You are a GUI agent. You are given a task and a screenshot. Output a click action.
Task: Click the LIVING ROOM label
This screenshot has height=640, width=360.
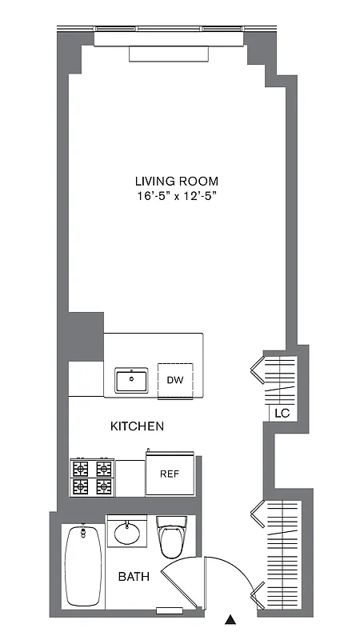coord(176,181)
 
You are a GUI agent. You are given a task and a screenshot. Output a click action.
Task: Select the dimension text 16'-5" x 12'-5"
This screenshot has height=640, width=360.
coord(176,197)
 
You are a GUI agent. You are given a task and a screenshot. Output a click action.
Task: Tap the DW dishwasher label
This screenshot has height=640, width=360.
coord(175,379)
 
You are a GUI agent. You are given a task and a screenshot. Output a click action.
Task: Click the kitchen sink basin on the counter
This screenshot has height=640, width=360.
coord(131,380)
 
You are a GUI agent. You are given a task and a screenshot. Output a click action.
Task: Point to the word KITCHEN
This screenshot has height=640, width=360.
coord(137,426)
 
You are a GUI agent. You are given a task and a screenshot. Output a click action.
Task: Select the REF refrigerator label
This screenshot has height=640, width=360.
coord(169,474)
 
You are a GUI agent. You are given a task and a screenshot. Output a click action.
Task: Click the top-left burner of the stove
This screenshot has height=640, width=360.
coord(82,468)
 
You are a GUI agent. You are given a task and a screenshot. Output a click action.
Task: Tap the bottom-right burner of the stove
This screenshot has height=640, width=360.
coord(103,486)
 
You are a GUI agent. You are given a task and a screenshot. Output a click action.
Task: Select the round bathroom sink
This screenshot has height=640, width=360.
coord(126,532)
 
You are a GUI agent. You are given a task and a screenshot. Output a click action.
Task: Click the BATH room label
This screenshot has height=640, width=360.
coord(134,577)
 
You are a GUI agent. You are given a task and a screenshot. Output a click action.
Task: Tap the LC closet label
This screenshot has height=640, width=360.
coord(281,414)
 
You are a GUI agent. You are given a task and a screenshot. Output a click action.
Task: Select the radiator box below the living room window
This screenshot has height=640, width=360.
coord(169,54)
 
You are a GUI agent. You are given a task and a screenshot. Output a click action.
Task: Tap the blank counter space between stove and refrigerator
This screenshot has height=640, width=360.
coord(129,478)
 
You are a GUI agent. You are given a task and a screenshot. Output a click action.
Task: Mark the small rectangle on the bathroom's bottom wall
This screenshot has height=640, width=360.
coord(169,612)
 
